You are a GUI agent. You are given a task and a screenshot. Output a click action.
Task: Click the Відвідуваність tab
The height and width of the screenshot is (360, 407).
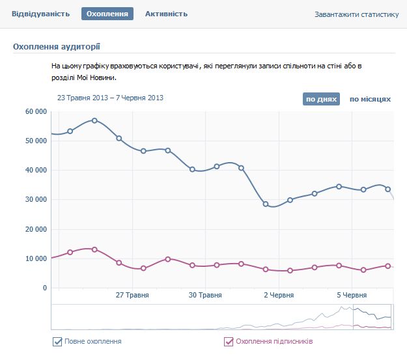click(x=40, y=14)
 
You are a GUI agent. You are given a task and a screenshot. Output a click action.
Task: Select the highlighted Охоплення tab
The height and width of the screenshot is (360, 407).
click(x=107, y=14)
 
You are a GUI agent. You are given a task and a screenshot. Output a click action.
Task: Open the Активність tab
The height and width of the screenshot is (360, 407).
click(x=166, y=14)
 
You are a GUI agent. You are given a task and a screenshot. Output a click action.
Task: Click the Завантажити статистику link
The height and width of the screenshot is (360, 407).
click(x=356, y=14)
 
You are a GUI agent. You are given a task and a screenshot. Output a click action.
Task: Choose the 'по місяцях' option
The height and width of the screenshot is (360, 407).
click(x=370, y=99)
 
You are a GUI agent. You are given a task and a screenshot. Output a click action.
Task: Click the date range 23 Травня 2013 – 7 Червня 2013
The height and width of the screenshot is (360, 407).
click(x=110, y=98)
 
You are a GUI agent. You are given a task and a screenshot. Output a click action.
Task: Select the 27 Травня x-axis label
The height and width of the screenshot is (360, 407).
click(x=132, y=295)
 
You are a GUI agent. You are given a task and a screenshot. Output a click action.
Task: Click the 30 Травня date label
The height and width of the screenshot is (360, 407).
click(x=206, y=295)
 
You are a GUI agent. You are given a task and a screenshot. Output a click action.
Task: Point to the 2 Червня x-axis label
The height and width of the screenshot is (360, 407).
click(x=279, y=295)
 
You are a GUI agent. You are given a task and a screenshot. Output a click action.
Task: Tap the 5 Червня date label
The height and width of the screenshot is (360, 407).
click(x=352, y=295)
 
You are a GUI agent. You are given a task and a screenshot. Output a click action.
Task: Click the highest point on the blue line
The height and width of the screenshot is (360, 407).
click(x=94, y=120)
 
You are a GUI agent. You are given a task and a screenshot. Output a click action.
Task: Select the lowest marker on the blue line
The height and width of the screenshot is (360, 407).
click(x=266, y=204)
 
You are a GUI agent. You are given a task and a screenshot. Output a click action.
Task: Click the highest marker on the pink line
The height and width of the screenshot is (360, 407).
click(x=94, y=249)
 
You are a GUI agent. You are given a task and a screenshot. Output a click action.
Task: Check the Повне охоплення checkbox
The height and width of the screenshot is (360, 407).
click(x=57, y=341)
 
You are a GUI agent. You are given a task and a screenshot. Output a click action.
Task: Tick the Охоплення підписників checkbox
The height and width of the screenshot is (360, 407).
click(x=228, y=341)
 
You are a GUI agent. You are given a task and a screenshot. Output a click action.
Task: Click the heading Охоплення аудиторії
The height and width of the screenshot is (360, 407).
click(x=57, y=46)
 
